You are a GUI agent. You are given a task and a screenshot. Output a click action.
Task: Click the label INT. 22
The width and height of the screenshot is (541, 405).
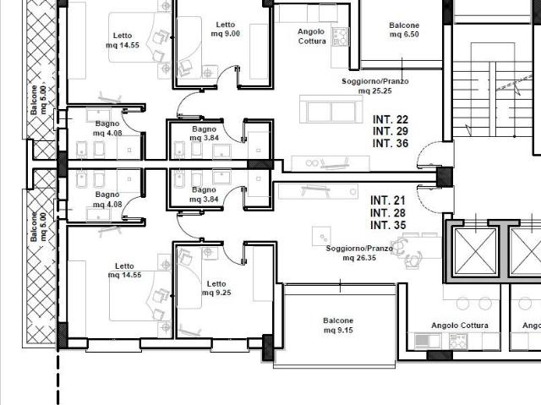(x=391, y=119)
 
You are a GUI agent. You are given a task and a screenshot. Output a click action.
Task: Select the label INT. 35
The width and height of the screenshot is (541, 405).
(x=388, y=225)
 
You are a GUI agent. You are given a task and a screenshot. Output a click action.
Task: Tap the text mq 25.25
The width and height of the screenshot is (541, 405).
(x=374, y=90)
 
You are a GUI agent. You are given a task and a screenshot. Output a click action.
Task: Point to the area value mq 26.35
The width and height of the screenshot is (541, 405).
(x=359, y=258)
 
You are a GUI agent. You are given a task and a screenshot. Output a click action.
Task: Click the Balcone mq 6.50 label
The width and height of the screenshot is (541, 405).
(x=404, y=30)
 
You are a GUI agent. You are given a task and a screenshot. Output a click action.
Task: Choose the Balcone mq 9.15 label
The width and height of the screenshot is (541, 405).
(x=338, y=326)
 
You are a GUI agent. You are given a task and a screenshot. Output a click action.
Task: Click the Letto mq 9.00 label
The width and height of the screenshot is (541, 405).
(x=226, y=30)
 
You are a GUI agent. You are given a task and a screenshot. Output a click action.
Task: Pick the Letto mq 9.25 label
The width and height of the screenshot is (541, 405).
(x=216, y=288)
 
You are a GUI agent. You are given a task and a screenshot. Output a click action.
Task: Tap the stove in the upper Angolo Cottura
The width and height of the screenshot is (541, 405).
(x=340, y=37)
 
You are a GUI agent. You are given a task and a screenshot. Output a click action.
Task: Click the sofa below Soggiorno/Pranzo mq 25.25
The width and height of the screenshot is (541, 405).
(x=331, y=109)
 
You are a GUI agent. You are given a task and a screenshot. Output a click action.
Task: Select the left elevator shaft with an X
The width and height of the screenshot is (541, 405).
(x=475, y=252)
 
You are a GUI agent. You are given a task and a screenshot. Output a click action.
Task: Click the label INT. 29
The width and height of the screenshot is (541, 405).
(x=391, y=131)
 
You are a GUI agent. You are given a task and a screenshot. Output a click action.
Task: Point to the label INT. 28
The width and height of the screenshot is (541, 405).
(x=388, y=213)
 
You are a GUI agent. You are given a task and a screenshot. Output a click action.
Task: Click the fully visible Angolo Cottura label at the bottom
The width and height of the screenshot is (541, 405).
(x=460, y=326)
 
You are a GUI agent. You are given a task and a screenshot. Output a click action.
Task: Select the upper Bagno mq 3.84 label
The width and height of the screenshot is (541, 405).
(x=204, y=134)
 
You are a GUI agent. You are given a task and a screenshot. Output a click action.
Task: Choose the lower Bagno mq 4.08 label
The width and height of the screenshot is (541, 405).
(x=107, y=200)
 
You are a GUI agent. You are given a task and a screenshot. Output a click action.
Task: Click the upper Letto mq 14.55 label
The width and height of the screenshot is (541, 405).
(x=123, y=41)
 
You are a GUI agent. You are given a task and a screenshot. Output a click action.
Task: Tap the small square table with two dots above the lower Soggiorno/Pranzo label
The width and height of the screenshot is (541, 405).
(x=321, y=236)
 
